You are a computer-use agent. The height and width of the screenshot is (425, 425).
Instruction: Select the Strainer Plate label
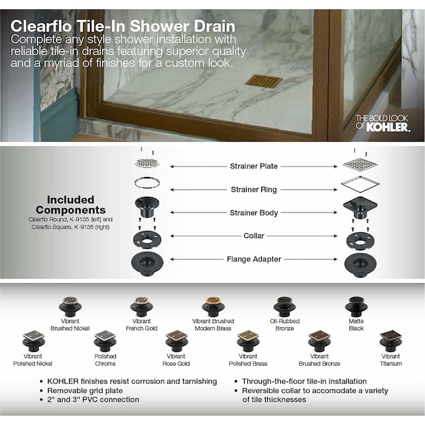pos(253,166)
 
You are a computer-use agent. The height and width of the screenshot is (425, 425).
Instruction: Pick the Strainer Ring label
pos(253,190)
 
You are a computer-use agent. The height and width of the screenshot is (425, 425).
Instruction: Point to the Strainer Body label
pos(253,213)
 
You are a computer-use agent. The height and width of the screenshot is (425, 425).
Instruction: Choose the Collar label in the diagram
pos(253,236)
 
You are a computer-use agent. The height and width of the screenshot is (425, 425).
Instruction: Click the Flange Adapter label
pos(253,259)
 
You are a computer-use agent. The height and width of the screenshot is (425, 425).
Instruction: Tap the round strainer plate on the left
pos(147,163)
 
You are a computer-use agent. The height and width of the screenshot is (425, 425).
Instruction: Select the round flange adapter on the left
pos(147,261)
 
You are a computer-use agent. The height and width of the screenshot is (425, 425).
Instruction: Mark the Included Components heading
pos(70,205)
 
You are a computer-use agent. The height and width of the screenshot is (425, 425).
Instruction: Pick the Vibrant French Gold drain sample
pos(141,307)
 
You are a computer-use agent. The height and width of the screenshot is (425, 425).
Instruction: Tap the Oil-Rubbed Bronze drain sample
pos(284,307)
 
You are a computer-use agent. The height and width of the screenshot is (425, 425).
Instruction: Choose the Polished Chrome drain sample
pos(105,339)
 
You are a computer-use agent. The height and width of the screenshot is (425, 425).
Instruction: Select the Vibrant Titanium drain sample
pos(390,339)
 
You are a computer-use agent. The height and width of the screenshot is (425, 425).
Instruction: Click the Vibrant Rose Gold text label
pos(176,360)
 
